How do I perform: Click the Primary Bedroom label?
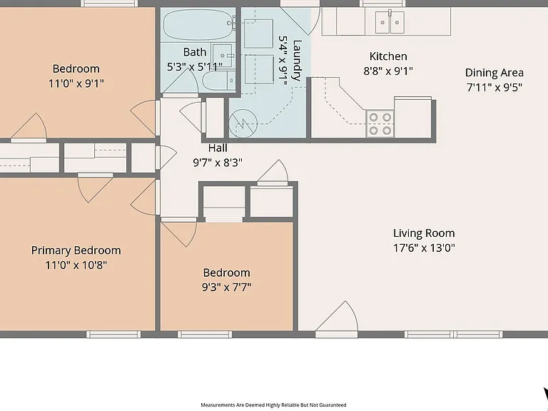[76, 250]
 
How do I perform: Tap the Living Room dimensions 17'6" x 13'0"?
[424, 248]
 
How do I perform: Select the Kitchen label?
[388, 56]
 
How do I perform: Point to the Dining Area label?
[494, 73]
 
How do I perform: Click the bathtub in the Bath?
[198, 24]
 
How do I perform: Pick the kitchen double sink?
[390, 22]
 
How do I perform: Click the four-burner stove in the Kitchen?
[380, 123]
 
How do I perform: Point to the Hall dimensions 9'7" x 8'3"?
[218, 163]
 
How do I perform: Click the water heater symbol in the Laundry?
[243, 123]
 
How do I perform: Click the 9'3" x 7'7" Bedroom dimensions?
[226, 288]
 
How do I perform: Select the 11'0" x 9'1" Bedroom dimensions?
[76, 83]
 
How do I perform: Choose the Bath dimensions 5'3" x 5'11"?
[195, 66]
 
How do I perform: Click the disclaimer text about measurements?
[273, 405]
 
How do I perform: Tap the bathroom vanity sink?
[223, 55]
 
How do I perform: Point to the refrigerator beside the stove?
[412, 117]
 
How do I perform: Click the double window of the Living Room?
[454, 335]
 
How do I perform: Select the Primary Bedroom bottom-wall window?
[113, 335]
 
